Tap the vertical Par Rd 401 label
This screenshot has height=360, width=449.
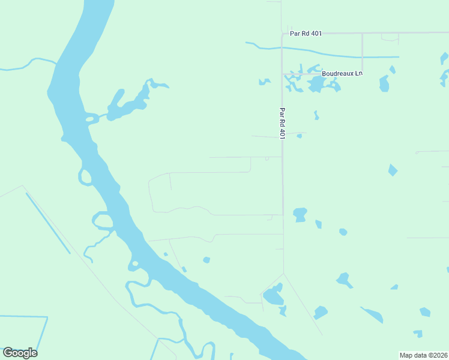pyautogui.click(x=282, y=123)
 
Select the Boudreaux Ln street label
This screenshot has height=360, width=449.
pyautogui.click(x=342, y=73)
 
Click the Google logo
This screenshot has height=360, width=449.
pyautogui.click(x=20, y=353)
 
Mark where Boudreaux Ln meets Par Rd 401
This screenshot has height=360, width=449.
pyautogui.click(x=283, y=74)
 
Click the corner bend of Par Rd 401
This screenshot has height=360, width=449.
pyautogui.click(x=283, y=33)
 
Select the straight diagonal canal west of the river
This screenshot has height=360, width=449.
pyautogui.click(x=47, y=222)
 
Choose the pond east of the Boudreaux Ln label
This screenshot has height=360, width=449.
pyautogui.click(x=384, y=84)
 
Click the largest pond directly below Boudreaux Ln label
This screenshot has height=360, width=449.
pyautogui.click(x=316, y=85)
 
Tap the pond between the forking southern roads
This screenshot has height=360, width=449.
pyautogui.click(x=274, y=295)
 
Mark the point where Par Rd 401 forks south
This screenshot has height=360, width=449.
pyautogui.click(x=283, y=274)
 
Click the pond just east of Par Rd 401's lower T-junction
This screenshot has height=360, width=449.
pyautogui.click(x=300, y=214)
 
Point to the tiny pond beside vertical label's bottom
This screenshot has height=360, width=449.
pyautogui.click(x=299, y=136)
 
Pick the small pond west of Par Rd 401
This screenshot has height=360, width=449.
pyautogui.click(x=264, y=81)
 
